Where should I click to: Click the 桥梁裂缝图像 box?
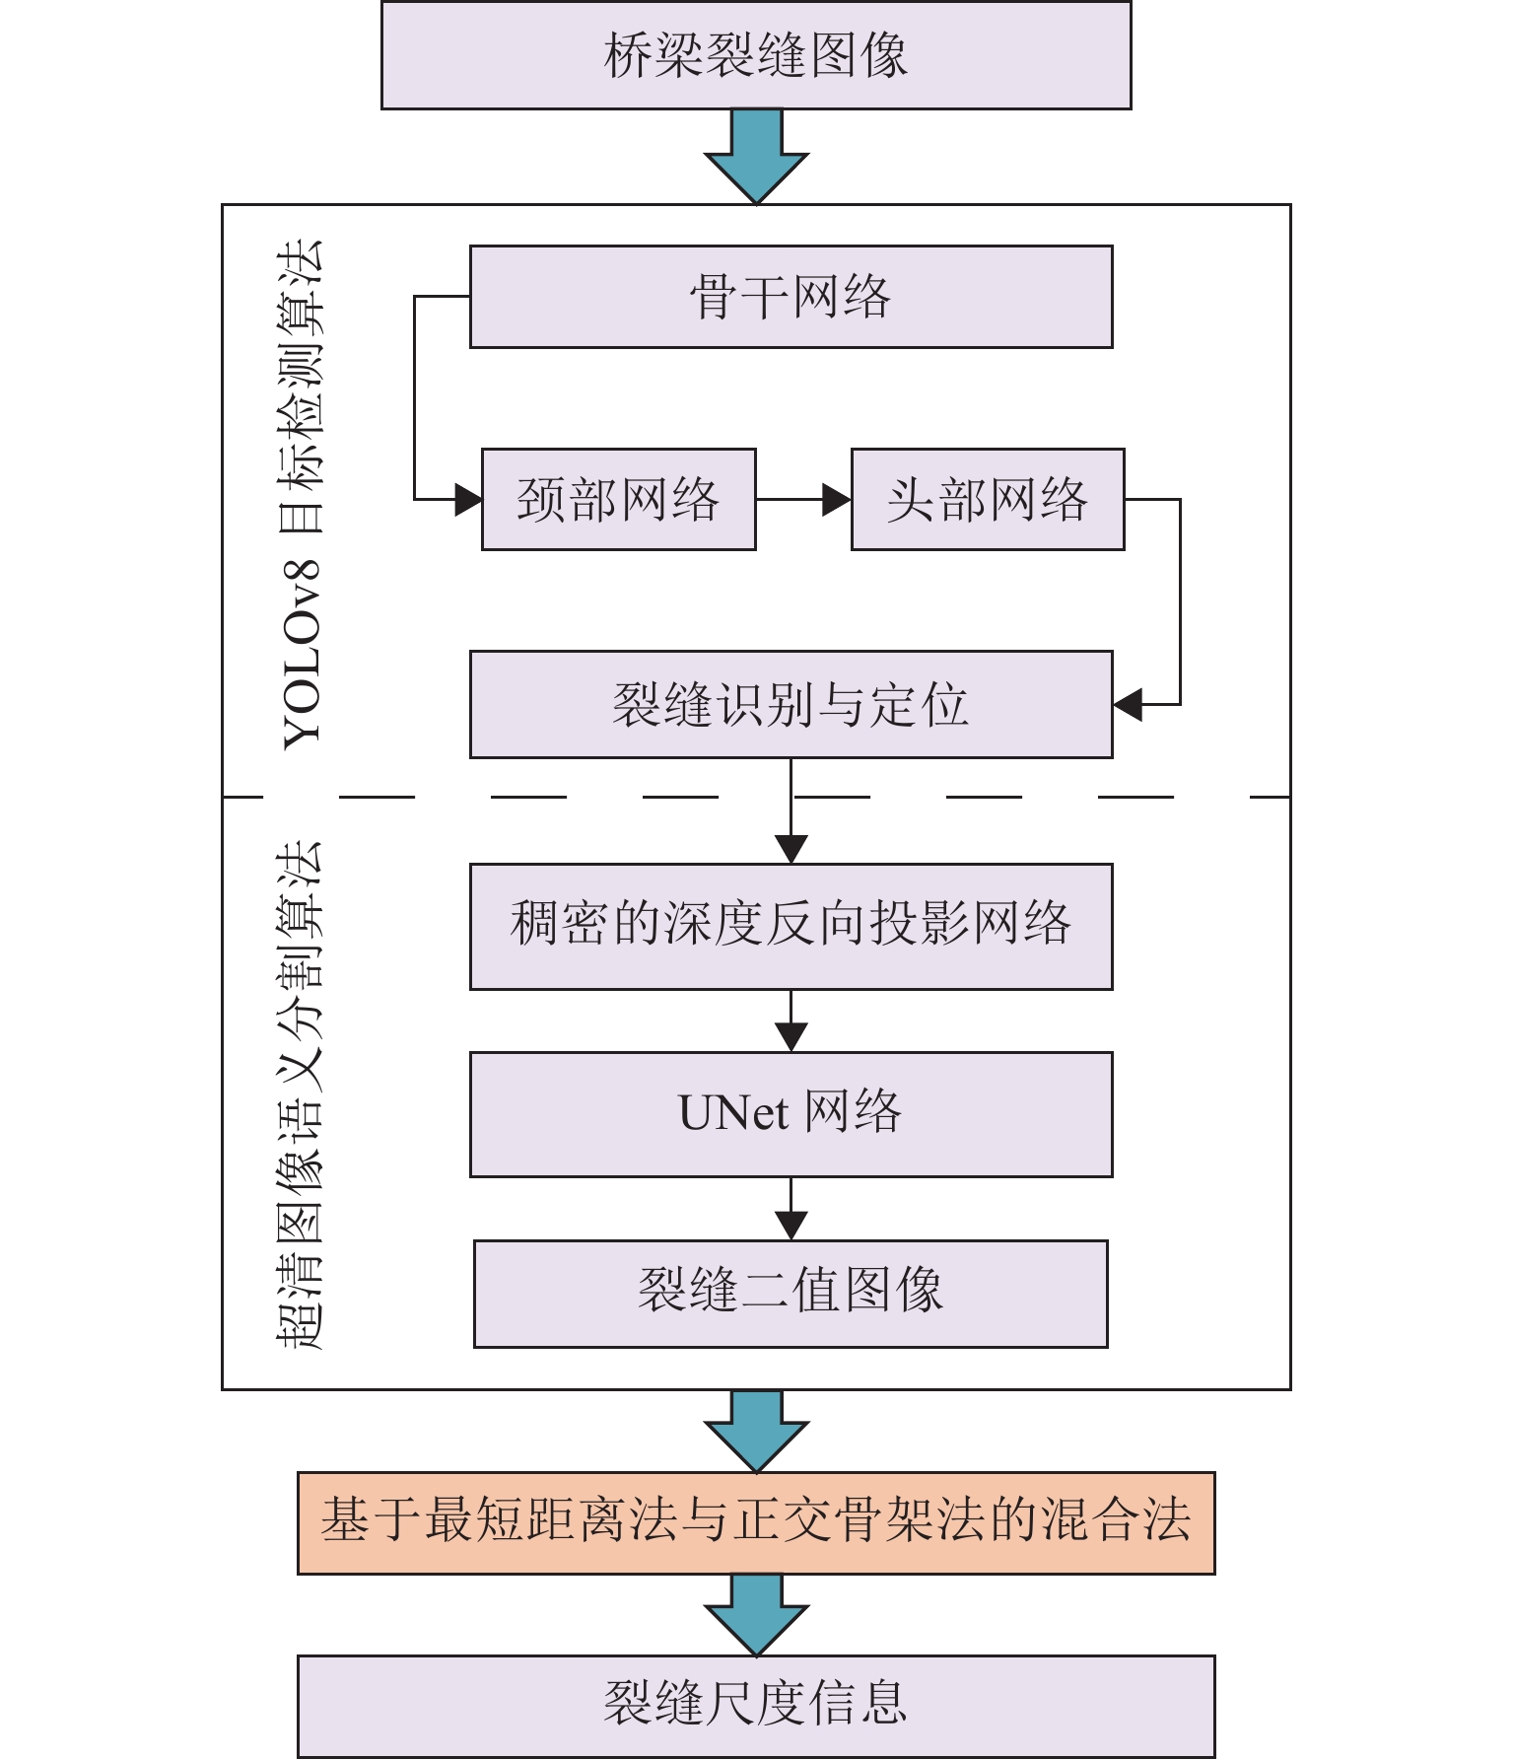[x=756, y=55]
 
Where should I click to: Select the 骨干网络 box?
[x=791, y=297]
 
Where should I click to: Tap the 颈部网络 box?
[x=618, y=499]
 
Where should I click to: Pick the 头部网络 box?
[x=987, y=499]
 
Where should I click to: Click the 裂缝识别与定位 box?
[x=791, y=704]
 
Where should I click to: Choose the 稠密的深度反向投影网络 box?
[x=791, y=926]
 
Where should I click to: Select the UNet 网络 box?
[x=791, y=1114]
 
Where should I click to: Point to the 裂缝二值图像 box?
[x=791, y=1293]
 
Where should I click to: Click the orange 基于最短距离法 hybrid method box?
[x=756, y=1522]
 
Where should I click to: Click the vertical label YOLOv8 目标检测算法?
[x=302, y=493]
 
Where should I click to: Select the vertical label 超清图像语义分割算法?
[x=300, y=1094]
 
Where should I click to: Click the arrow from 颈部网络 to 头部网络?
[x=803, y=499]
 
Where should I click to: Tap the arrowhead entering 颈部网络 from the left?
[x=467, y=499]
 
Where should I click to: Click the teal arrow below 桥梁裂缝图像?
[x=756, y=156]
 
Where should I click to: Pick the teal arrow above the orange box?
[x=756, y=1431]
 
